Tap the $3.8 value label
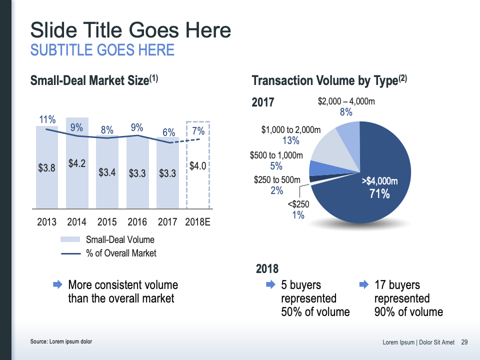pos(46,168)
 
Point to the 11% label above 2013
pos(47,119)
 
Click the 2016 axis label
pos(137,221)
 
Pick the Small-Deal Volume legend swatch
pos(70,239)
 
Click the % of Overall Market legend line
pos(70,253)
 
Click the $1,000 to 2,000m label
pos(291,130)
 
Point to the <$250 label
pos(298,204)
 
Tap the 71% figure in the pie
pos(379,194)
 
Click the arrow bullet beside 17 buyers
pos(364,284)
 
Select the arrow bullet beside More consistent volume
pos(57,284)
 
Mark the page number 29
pos(464,342)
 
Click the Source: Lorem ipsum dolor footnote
pos(61,341)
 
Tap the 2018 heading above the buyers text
pos(267,269)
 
